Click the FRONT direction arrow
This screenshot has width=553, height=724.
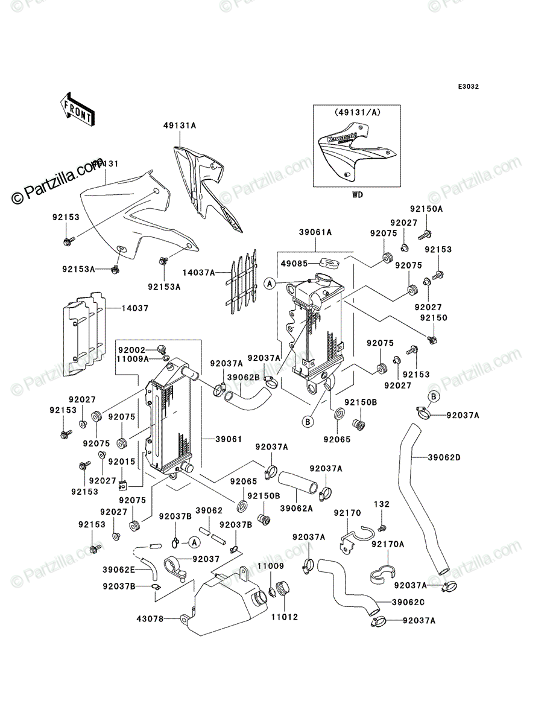point(77,109)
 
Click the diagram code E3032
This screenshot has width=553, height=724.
point(468,87)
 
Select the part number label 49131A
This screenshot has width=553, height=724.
point(180,125)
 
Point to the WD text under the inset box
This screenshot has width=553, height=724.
point(358,195)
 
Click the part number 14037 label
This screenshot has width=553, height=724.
point(135,308)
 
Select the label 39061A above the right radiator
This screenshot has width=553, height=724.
point(315,232)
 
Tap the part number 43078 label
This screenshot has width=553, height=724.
point(150,619)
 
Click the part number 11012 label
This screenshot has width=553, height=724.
point(285,617)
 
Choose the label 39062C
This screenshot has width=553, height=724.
point(408,602)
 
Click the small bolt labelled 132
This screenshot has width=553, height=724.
point(382,528)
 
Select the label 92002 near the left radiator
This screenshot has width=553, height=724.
point(132,350)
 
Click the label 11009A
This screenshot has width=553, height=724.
point(133,358)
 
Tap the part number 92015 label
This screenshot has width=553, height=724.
point(122,462)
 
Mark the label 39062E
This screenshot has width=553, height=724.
point(119,570)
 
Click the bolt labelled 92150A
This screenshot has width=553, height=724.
point(425,235)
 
